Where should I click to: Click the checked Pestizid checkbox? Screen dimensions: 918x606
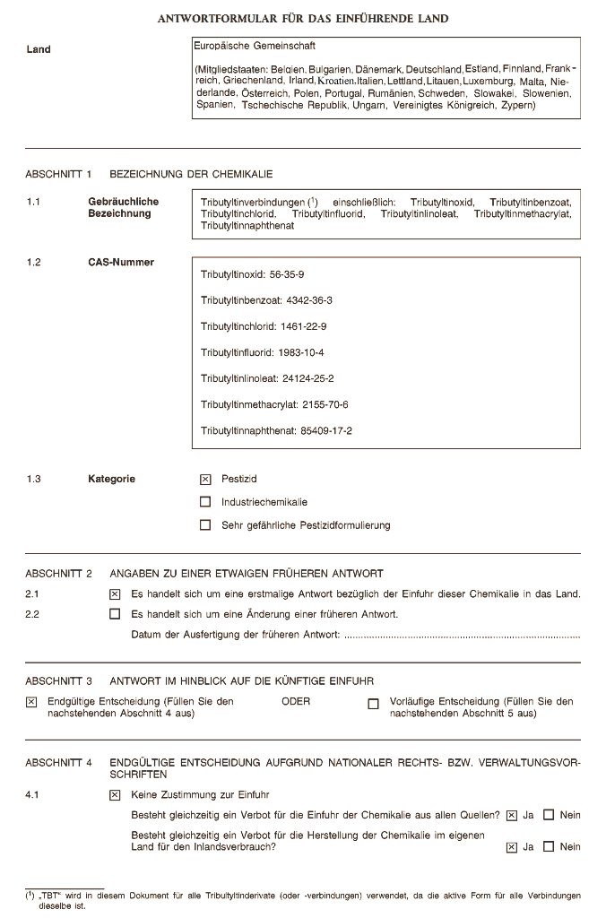[205, 480]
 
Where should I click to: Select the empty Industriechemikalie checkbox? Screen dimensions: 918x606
[205, 502]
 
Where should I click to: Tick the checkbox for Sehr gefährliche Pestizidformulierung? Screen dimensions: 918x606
[205, 525]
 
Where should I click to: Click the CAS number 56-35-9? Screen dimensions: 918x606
[287, 274]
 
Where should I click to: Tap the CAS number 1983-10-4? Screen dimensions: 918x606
[300, 352]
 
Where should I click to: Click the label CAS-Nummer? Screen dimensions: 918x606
[120, 263]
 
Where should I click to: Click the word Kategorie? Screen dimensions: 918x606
[111, 480]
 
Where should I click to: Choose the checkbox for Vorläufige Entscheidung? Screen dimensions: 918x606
[373, 704]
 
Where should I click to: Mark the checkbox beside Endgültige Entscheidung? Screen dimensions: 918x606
[31, 703]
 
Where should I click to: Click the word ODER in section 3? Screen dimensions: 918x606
[296, 702]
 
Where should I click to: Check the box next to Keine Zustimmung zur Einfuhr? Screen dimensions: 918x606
[114, 794]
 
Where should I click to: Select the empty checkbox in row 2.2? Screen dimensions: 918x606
[114, 615]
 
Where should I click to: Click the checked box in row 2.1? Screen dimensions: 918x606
[114, 593]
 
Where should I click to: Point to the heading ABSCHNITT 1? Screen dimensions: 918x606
[59, 174]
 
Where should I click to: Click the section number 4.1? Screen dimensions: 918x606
[33, 794]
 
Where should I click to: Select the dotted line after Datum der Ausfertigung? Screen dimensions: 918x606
[462, 637]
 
